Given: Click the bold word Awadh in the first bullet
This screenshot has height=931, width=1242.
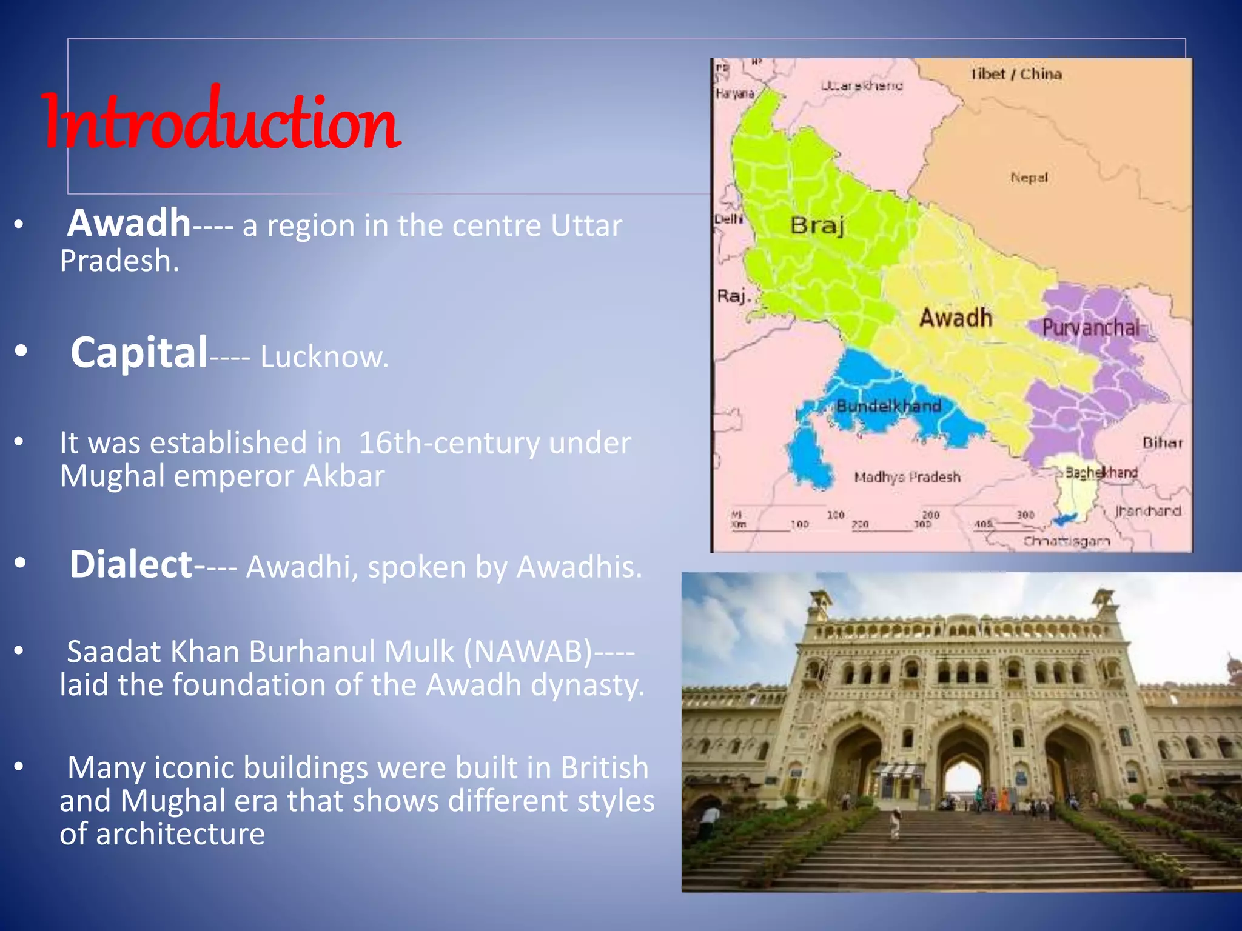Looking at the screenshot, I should [129, 223].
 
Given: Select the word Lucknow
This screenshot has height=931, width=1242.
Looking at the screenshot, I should [324, 357].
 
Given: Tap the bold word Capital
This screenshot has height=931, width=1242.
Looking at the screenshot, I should [139, 353].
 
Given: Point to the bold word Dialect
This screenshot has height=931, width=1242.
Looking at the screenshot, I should [130, 565].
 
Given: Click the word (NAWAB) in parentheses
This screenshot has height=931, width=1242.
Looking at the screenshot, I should [528, 652].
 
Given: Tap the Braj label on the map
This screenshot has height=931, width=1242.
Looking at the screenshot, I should [817, 225].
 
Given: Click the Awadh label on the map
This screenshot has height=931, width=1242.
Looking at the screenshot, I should [956, 318].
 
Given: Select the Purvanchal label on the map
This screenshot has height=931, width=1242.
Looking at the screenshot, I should [1090, 328].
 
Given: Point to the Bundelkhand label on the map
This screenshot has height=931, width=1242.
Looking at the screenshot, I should [888, 406].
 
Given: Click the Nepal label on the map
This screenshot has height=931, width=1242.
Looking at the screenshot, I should [1029, 178].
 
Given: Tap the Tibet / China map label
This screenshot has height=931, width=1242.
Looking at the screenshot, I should [1016, 74].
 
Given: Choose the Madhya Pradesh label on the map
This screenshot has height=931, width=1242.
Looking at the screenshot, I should [907, 478].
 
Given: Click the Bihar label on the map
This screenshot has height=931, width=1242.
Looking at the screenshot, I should [1162, 443].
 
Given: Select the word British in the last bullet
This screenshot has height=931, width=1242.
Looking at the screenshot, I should [604, 768].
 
